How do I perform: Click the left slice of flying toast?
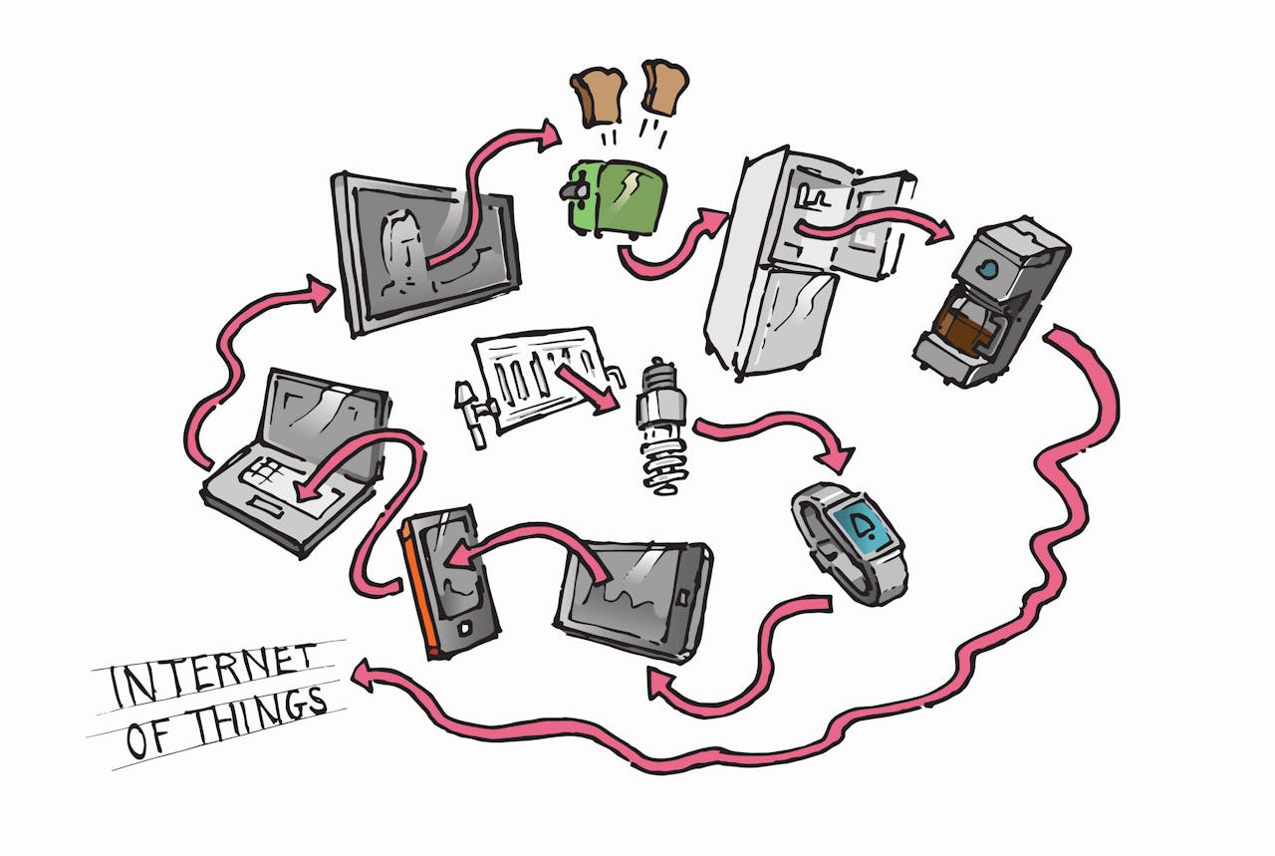pyautogui.click(x=598, y=98)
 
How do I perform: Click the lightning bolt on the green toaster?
pyautogui.click(x=632, y=189)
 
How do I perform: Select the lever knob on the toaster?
pyautogui.click(x=573, y=190)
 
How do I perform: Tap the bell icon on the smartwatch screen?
pyautogui.click(x=867, y=528)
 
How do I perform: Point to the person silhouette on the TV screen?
pyautogui.click(x=404, y=249)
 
